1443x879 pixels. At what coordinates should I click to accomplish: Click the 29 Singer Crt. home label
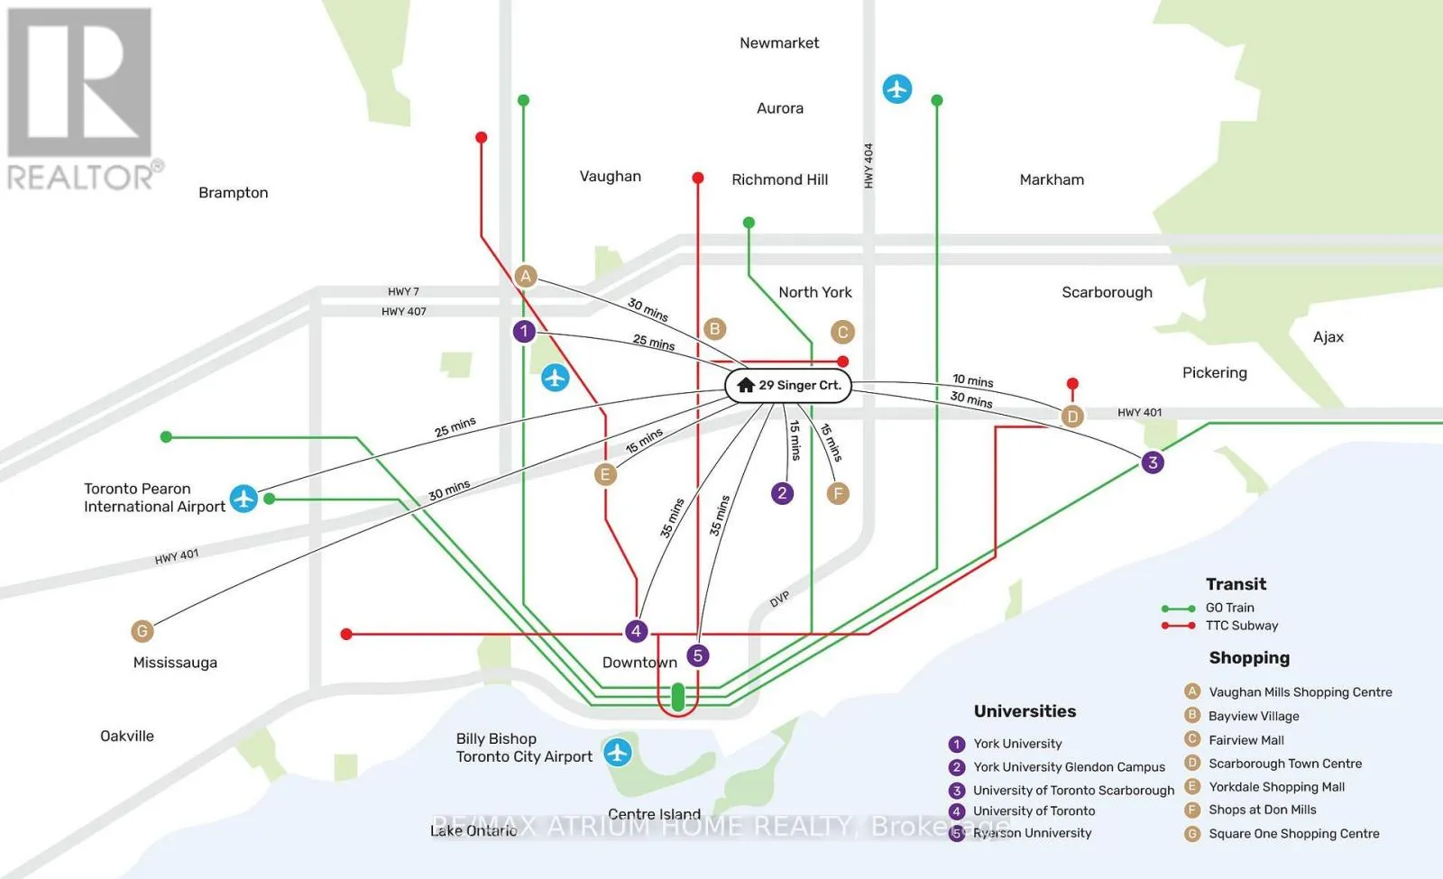[x=788, y=385]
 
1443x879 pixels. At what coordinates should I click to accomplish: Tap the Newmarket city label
[x=779, y=43]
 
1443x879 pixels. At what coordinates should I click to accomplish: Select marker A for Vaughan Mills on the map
[x=526, y=276]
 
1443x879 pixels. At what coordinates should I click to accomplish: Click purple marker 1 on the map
[x=524, y=332]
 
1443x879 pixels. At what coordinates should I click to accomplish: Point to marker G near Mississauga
[x=142, y=631]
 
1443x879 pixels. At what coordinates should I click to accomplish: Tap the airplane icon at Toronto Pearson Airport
[x=244, y=499]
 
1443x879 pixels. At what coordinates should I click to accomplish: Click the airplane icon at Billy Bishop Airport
[x=617, y=752]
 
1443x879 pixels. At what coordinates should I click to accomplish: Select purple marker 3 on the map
[x=1153, y=462]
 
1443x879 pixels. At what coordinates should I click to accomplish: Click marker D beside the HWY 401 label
[x=1072, y=417]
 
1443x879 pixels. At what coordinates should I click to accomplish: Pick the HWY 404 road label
[x=869, y=166]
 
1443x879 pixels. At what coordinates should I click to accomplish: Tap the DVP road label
[x=779, y=600]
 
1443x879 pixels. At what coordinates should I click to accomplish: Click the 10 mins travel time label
[x=973, y=380]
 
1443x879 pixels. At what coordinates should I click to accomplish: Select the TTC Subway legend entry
[x=1219, y=626]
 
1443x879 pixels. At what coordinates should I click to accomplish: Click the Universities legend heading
[x=1025, y=711]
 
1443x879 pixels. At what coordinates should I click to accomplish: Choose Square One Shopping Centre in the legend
[x=1293, y=834]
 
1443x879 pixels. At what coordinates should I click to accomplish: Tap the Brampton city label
[x=234, y=193]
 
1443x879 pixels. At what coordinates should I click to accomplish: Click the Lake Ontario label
[x=473, y=830]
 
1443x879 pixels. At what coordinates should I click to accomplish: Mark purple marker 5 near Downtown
[x=698, y=655]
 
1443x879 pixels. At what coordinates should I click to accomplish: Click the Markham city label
[x=1052, y=179]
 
